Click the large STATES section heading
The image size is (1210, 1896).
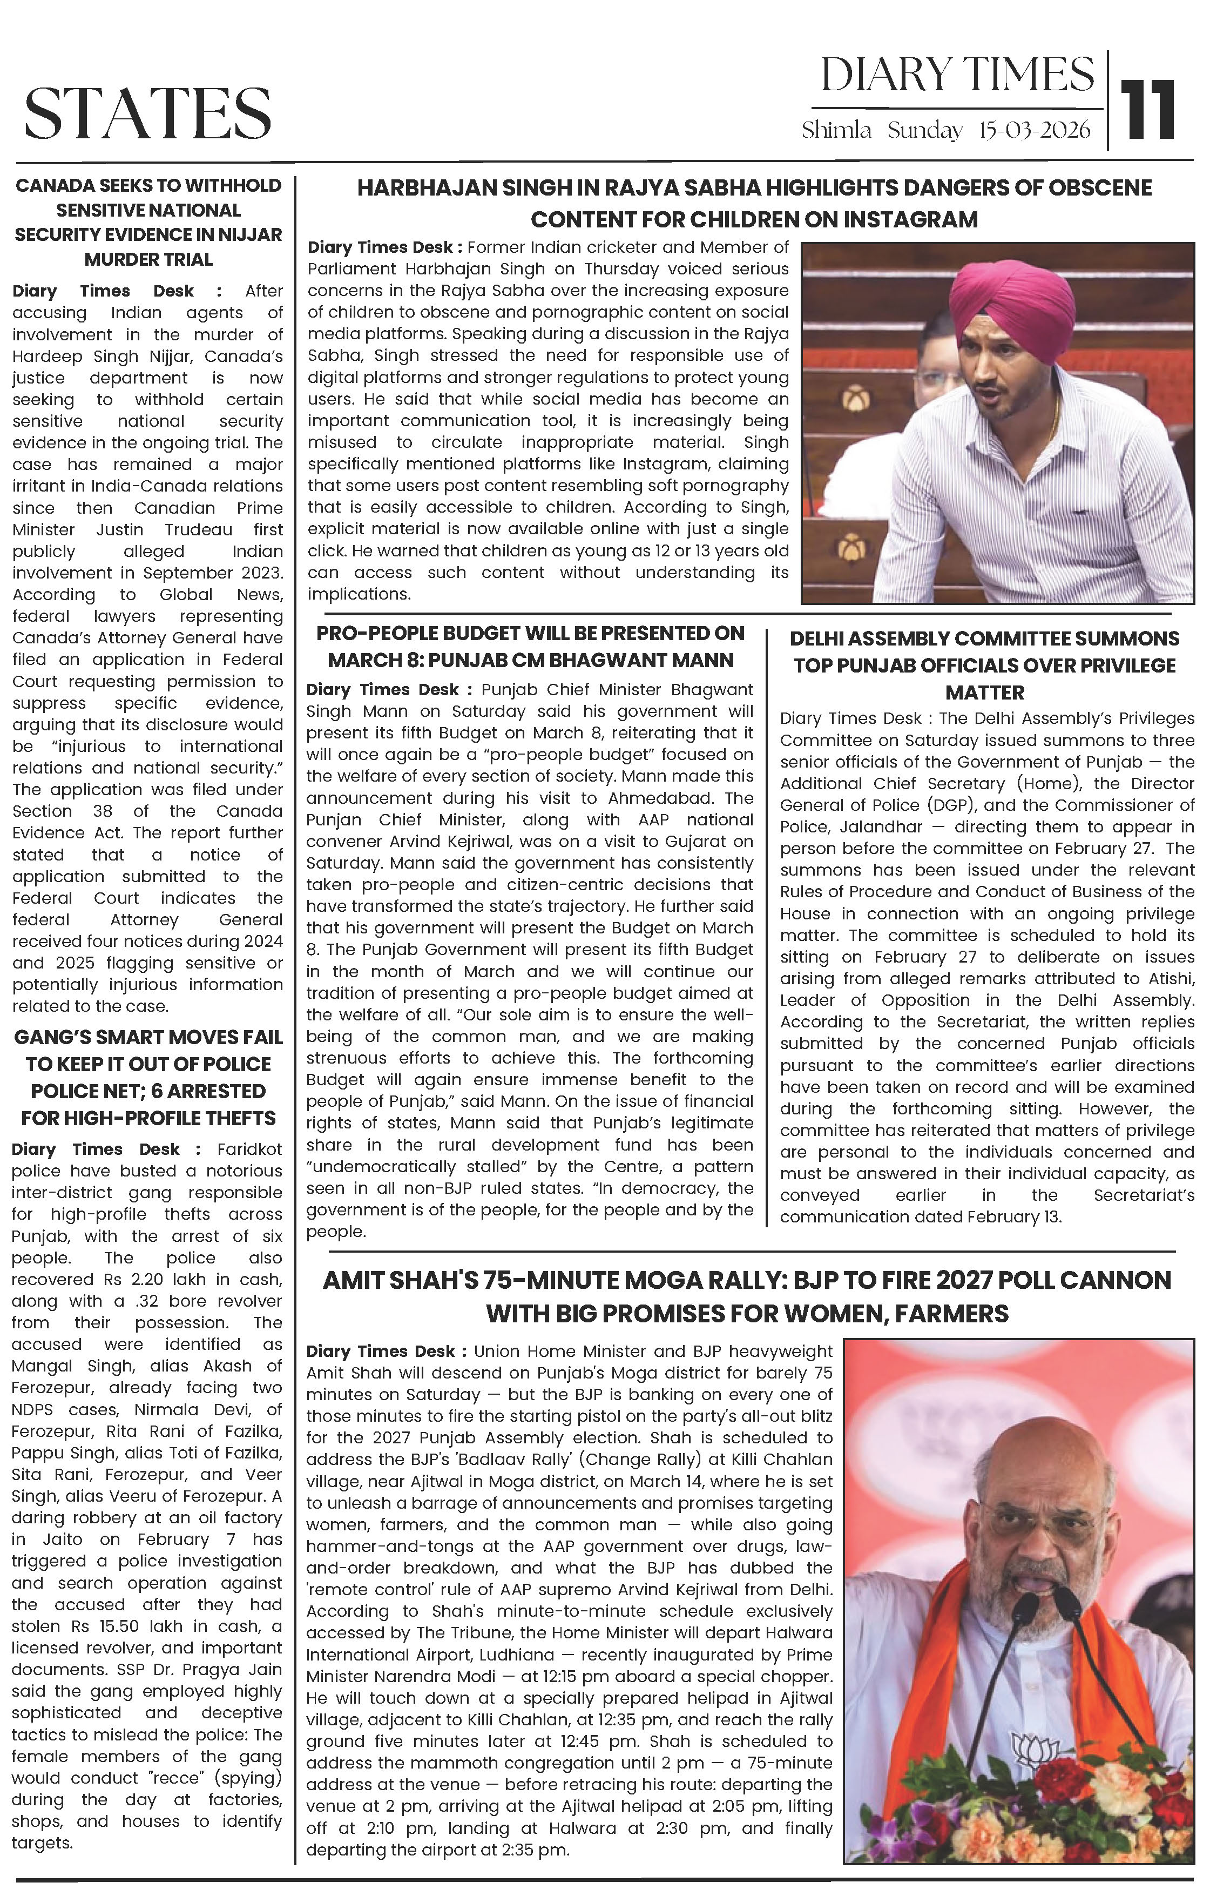(148, 113)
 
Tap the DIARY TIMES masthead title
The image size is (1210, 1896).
(957, 76)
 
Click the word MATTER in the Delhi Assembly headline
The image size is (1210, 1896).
(985, 693)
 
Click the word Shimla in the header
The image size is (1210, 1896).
(836, 131)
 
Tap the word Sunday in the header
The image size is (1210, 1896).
(925, 131)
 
